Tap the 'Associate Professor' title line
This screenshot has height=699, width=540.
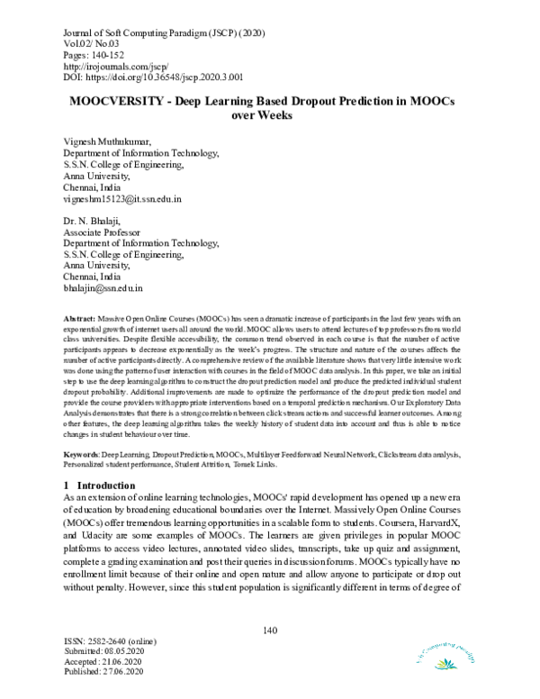[104, 232]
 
